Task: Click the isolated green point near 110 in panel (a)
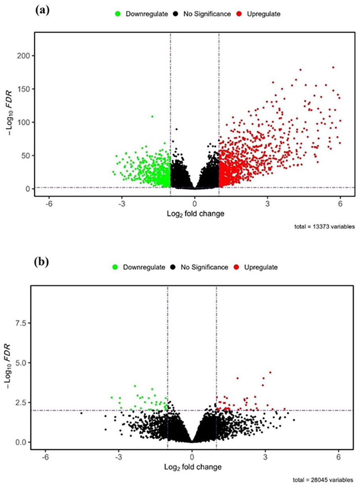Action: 152,116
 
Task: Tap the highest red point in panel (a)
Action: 333,68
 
